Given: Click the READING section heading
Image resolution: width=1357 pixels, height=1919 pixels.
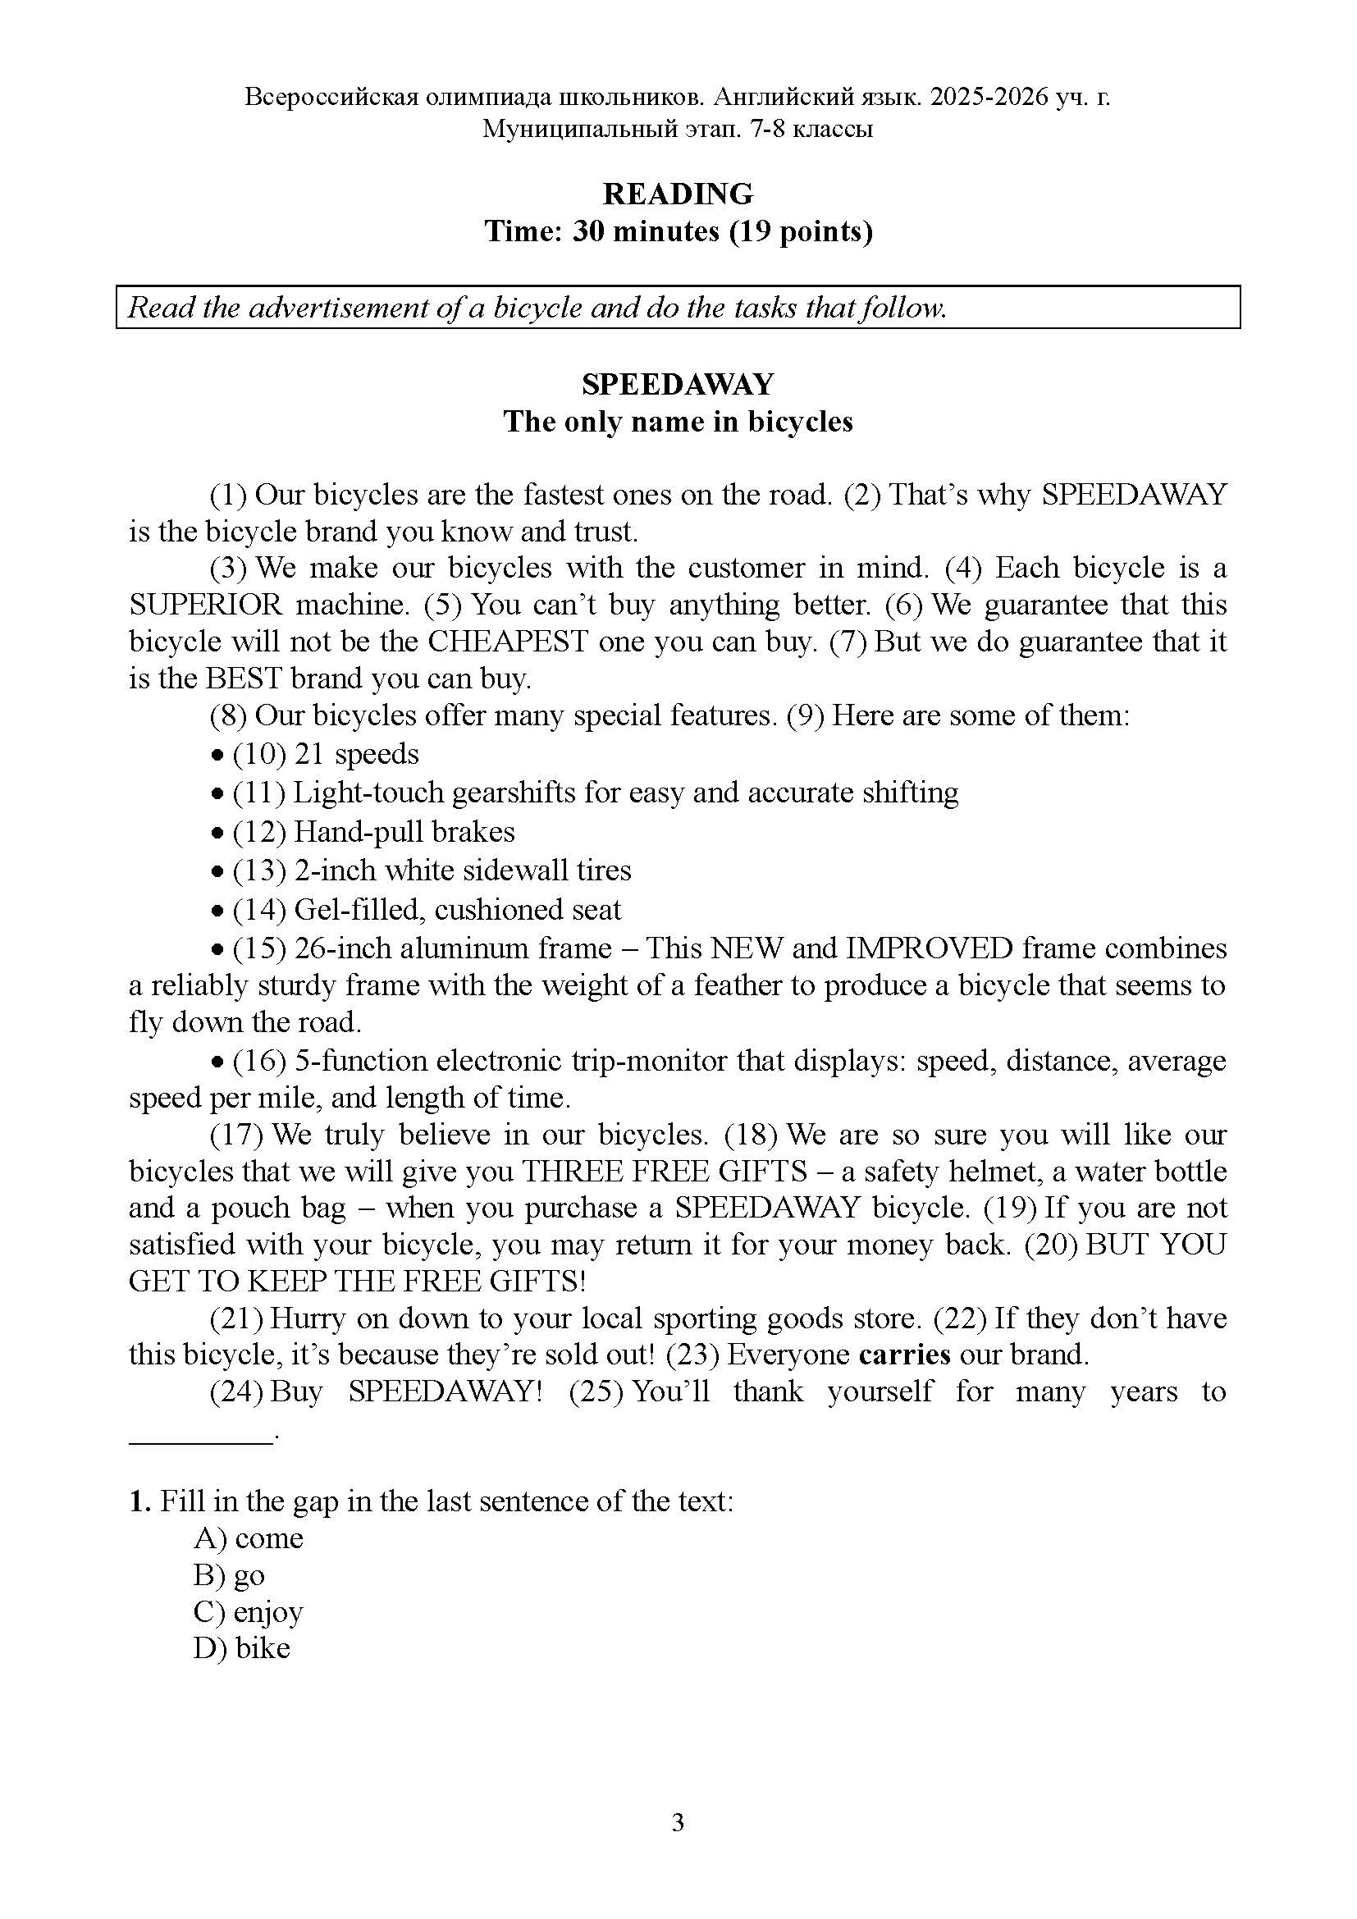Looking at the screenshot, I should pos(678,194).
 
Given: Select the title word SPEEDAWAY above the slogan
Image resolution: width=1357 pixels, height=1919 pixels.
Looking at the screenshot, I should pos(678,385).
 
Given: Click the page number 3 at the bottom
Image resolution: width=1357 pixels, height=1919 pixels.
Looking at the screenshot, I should pos(678,1822).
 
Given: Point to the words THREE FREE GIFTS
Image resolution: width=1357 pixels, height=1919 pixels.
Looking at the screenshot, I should pos(665,1171).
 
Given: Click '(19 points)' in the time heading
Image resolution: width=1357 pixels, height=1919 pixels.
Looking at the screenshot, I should pos(801,231).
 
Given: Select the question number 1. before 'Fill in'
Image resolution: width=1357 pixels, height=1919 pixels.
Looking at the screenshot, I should pos(139,1501).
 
